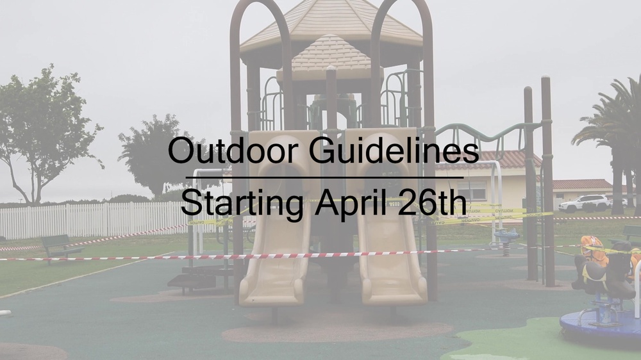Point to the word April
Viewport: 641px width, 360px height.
coord(351,204)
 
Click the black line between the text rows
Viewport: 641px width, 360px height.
coord(324,177)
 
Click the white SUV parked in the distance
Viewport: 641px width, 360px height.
coord(584,203)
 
